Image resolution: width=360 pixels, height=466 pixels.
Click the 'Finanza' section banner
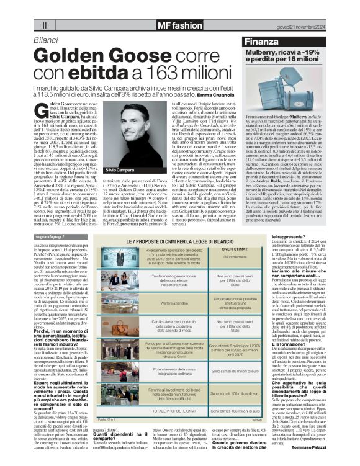click(x=259, y=42)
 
